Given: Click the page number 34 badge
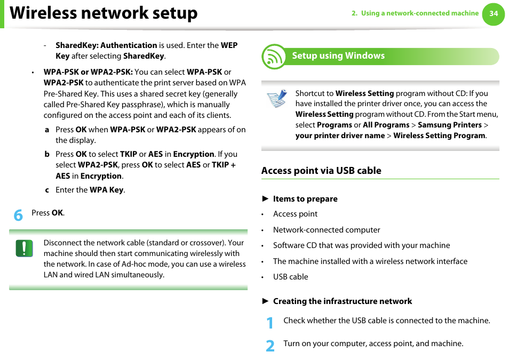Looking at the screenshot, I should pyautogui.click(x=493, y=14).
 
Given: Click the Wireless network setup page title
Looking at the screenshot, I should pyautogui.click(x=104, y=13).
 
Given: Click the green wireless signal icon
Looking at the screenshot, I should pyautogui.click(x=274, y=57).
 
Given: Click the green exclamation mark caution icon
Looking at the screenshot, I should pyautogui.click(x=25, y=248).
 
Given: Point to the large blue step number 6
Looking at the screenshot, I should pyautogui.click(x=19, y=215).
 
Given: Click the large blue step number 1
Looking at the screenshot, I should pyautogui.click(x=271, y=323).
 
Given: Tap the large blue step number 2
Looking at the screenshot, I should pyautogui.click(x=271, y=346).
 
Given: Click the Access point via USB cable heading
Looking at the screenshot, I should pyautogui.click(x=321, y=171).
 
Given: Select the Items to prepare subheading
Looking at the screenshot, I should pyautogui.click(x=305, y=199).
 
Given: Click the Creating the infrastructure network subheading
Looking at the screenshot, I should pyautogui.click(x=343, y=301).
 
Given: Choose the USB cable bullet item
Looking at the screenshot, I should pyautogui.click(x=290, y=277).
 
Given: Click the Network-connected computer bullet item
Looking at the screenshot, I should pyautogui.click(x=327, y=230).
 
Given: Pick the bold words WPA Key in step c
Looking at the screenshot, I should pyautogui.click(x=106, y=190).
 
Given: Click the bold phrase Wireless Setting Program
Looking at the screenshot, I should pyautogui.click(x=439, y=135).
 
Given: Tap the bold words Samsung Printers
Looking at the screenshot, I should pyautogui.click(x=449, y=125).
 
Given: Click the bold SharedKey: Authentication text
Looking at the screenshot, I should pyautogui.click(x=106, y=45).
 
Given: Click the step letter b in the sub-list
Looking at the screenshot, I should pyautogui.click(x=47, y=154).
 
